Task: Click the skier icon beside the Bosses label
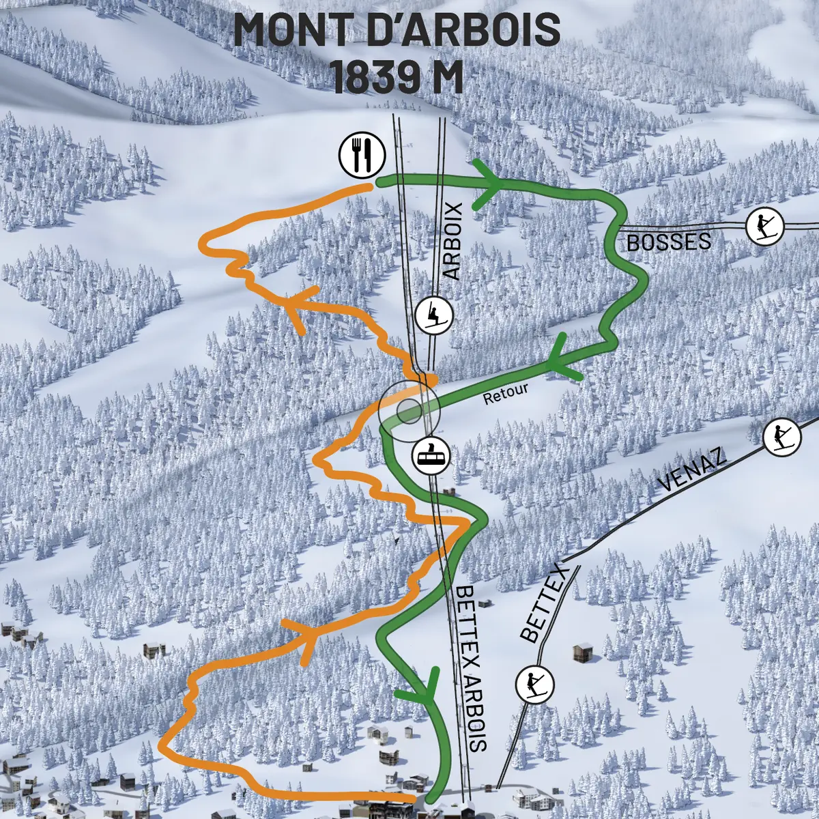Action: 764,226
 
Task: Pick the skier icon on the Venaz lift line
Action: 781,437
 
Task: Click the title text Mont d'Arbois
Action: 397,31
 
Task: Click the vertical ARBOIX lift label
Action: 452,240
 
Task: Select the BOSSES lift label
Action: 668,242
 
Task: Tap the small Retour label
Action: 506,394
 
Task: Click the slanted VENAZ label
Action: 692,470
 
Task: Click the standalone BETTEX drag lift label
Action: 544,603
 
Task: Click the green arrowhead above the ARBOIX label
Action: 490,184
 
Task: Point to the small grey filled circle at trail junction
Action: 409,411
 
